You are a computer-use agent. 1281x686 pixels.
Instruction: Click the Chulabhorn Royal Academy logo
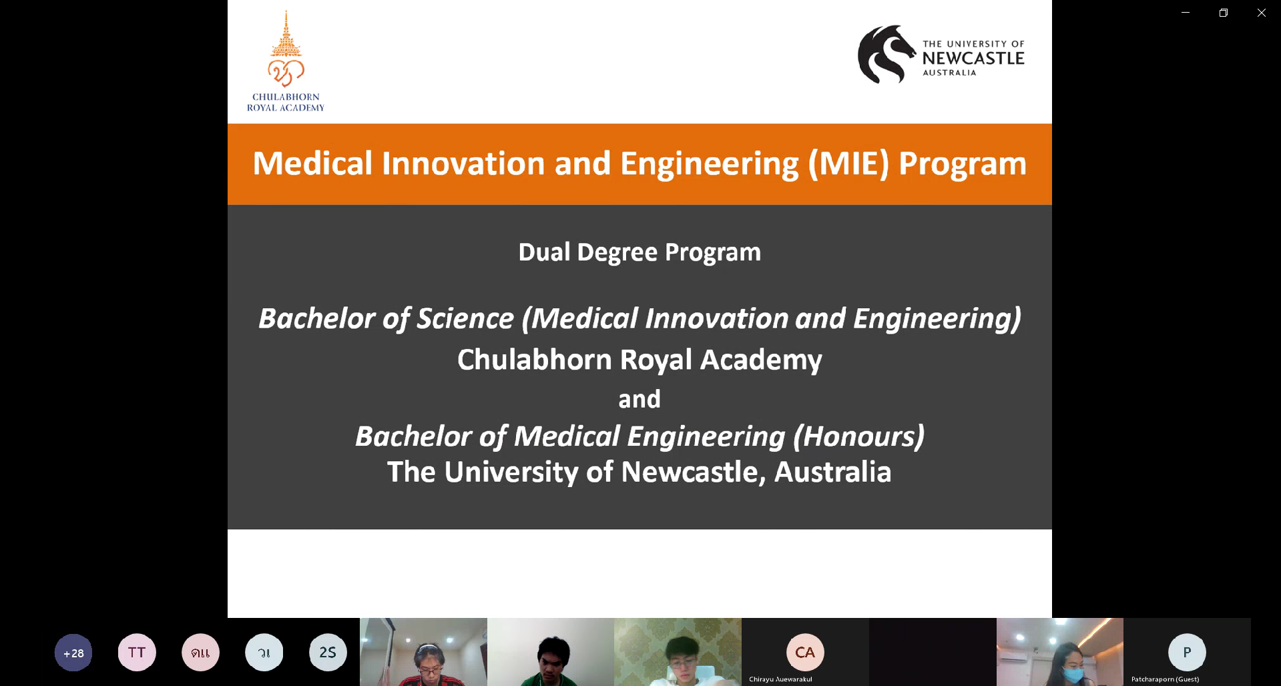point(286,61)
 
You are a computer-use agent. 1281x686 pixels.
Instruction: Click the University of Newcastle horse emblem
point(886,54)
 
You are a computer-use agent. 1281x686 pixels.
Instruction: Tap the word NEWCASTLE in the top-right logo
point(973,58)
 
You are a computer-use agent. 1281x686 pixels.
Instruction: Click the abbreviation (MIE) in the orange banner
point(848,163)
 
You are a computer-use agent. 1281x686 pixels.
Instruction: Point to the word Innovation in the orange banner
point(463,163)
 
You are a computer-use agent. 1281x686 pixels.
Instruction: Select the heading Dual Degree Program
point(639,252)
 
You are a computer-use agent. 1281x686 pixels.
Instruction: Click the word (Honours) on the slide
point(858,436)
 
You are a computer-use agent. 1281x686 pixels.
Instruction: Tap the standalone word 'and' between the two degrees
point(639,399)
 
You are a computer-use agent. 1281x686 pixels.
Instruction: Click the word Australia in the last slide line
point(832,472)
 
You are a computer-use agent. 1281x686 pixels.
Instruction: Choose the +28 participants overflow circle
point(73,653)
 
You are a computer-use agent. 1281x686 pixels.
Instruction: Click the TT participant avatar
point(137,653)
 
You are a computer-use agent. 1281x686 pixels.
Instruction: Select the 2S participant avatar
point(328,653)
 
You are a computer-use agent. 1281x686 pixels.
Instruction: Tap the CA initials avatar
point(805,652)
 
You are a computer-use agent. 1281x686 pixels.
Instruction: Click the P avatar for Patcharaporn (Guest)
point(1187,652)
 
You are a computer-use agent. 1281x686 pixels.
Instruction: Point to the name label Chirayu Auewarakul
point(780,679)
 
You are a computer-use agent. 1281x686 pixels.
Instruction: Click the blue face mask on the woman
point(1073,675)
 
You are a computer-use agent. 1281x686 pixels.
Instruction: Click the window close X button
point(1262,13)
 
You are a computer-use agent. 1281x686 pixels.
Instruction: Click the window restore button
point(1224,13)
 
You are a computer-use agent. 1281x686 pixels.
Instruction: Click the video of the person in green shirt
point(551,652)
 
